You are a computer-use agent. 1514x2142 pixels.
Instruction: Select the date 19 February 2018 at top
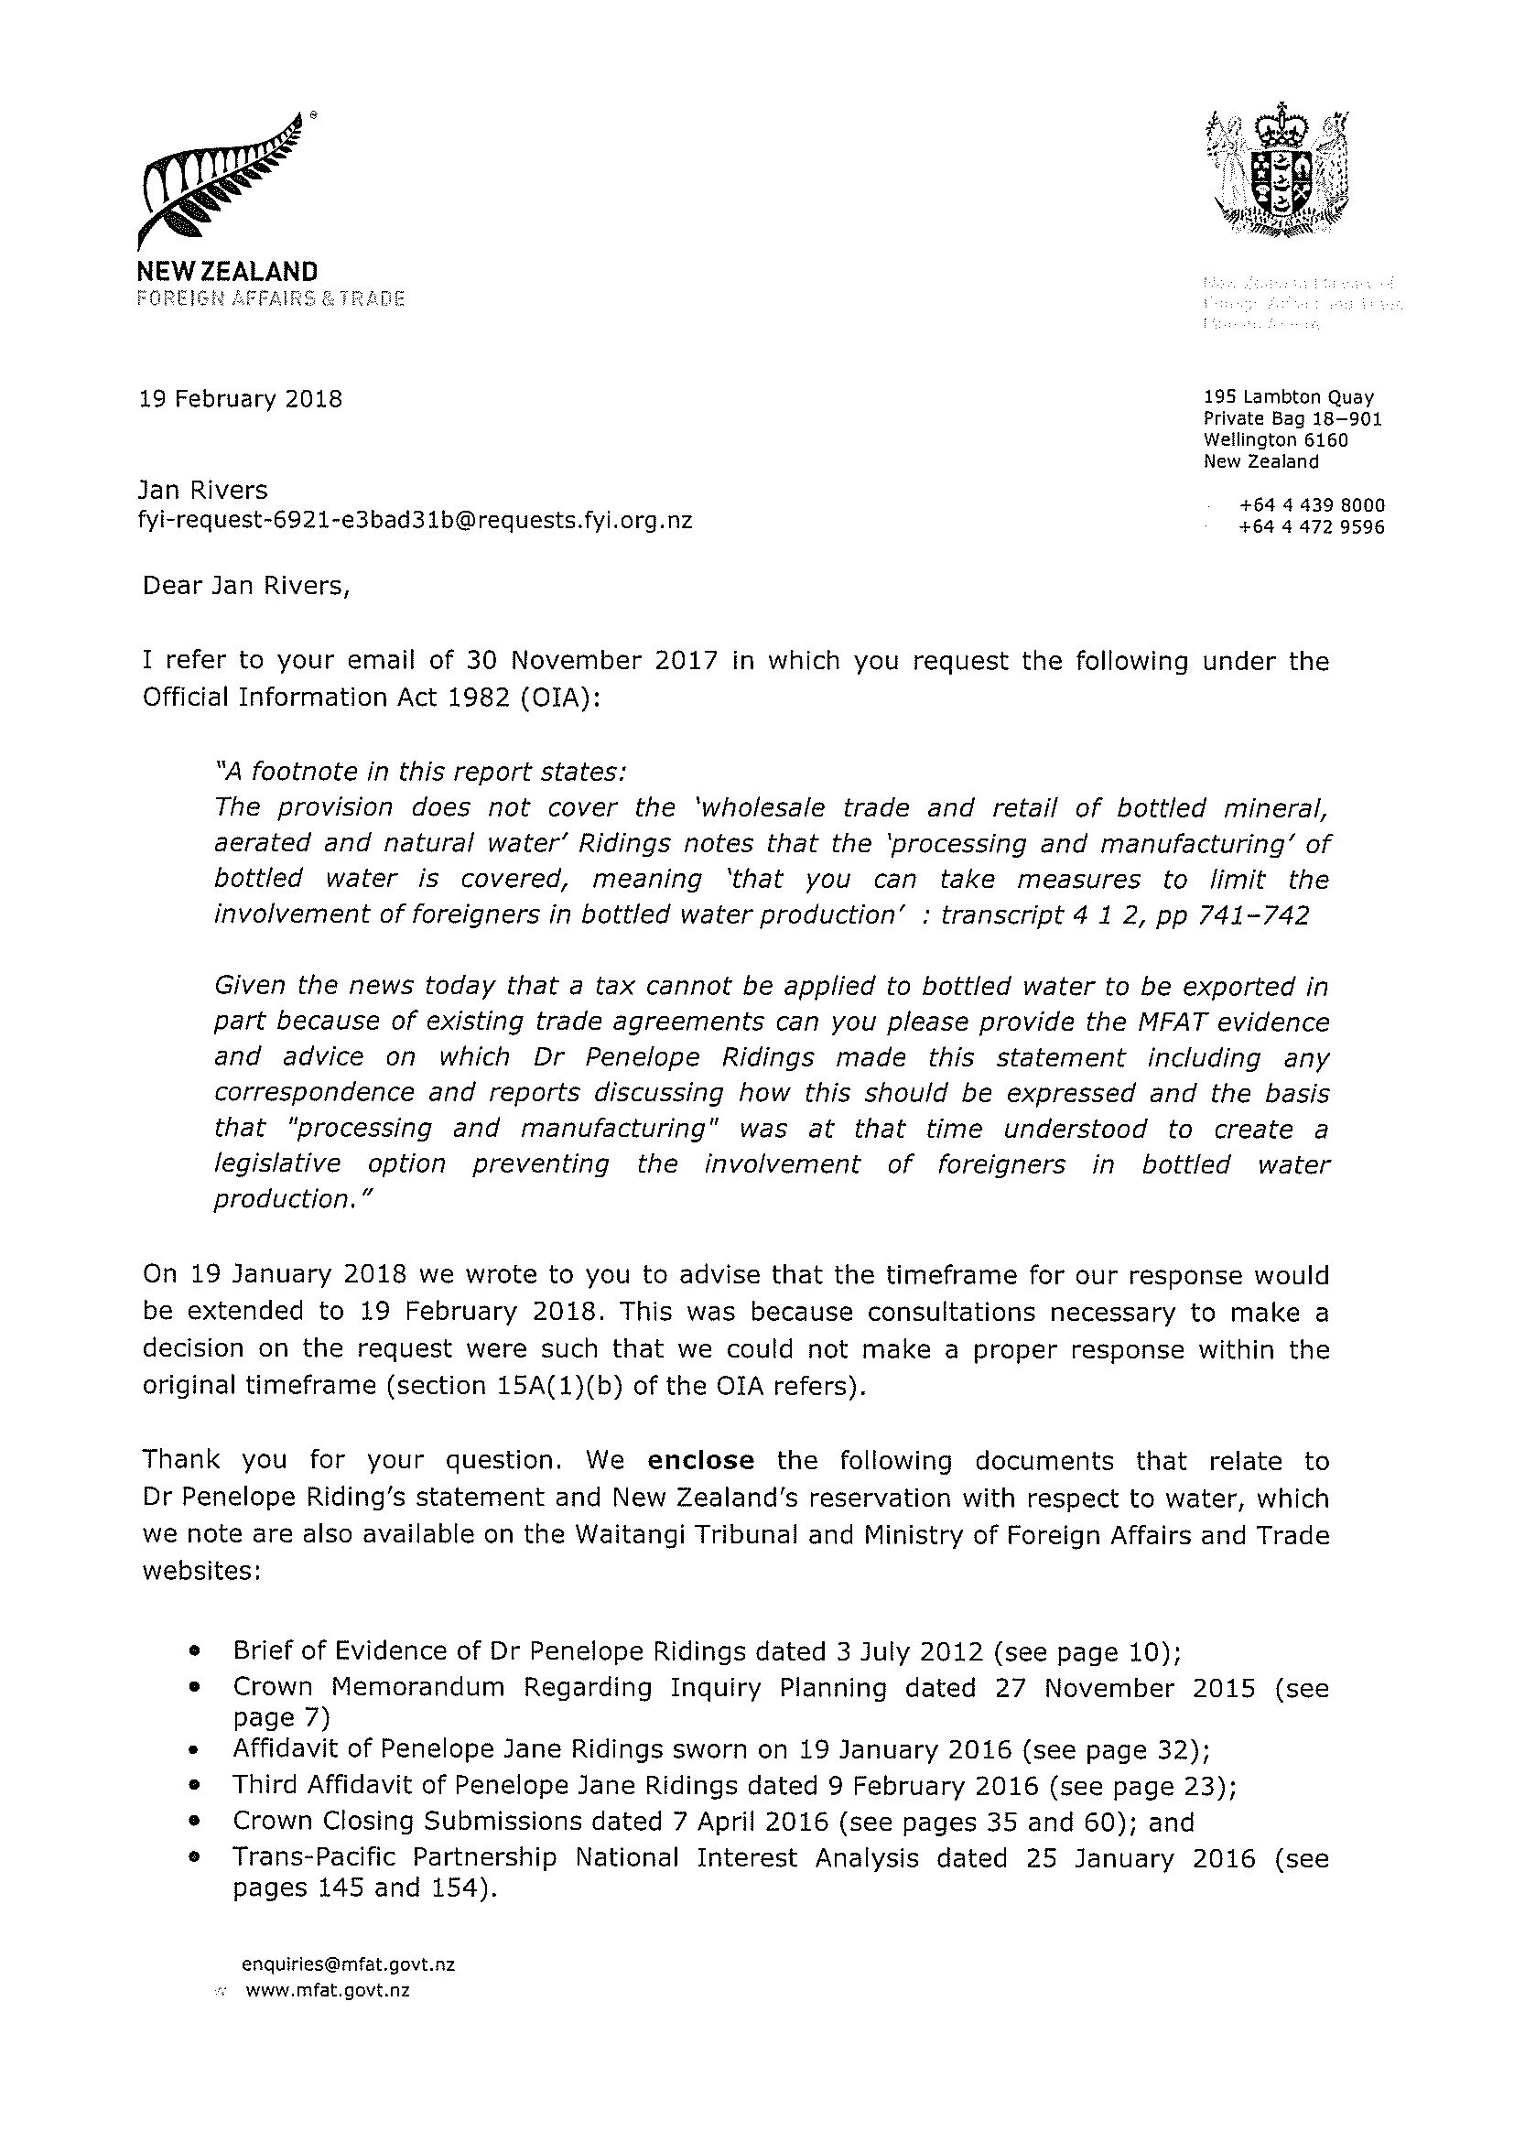[241, 399]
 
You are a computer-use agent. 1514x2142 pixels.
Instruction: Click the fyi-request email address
[415, 521]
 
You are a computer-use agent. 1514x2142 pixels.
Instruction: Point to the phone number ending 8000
[1312, 505]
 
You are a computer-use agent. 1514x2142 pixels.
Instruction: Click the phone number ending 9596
[1312, 527]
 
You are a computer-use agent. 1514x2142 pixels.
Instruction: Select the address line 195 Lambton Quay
[1288, 397]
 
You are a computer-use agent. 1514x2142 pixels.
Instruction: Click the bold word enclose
[700, 1460]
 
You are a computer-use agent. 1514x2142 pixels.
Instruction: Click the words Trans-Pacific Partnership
[395, 1857]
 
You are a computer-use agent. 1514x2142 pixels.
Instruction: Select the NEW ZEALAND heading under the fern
[228, 273]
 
